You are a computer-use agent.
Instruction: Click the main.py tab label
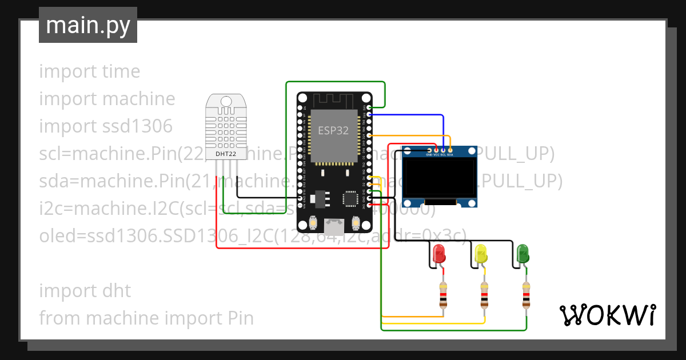[87, 25]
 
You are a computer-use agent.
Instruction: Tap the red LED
[439, 254]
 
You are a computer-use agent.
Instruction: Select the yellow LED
[481, 254]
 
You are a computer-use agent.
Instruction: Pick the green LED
[523, 254]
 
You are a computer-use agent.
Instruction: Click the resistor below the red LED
[442, 295]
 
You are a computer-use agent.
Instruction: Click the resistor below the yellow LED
[484, 295]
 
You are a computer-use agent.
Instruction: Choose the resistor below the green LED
[526, 295]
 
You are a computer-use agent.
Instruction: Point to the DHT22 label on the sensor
[226, 154]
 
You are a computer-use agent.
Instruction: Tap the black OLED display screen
[440, 177]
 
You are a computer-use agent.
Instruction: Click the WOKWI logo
[607, 315]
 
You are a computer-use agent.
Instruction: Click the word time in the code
[121, 71]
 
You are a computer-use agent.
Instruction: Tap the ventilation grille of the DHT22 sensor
[226, 123]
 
